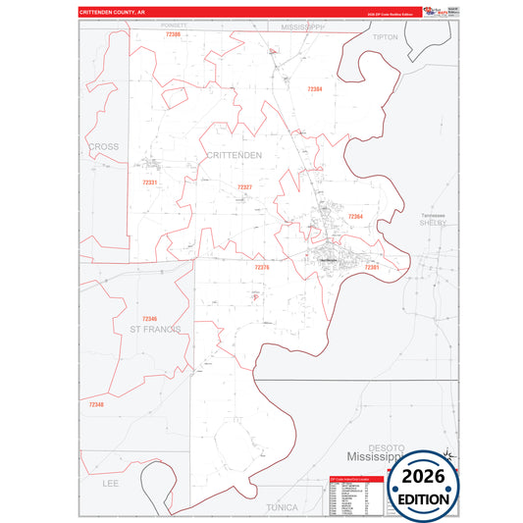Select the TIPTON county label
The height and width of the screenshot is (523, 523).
click(386, 36)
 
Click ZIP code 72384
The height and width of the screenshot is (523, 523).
click(314, 89)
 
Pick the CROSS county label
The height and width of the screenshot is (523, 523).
click(103, 147)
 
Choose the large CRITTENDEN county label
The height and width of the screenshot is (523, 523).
click(235, 155)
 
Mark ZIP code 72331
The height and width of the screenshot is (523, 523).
click(149, 183)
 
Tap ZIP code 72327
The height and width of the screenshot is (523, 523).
click(244, 187)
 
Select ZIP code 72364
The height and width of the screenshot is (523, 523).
click(355, 216)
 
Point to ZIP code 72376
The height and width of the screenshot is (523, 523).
click(261, 267)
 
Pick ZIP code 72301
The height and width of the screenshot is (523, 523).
click(372, 267)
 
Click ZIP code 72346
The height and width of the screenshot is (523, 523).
click(149, 319)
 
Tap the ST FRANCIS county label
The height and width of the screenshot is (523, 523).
click(155, 329)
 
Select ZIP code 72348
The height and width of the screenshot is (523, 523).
click(95, 404)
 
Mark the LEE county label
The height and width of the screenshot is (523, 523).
click(109, 484)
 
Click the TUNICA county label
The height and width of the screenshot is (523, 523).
click(288, 507)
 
